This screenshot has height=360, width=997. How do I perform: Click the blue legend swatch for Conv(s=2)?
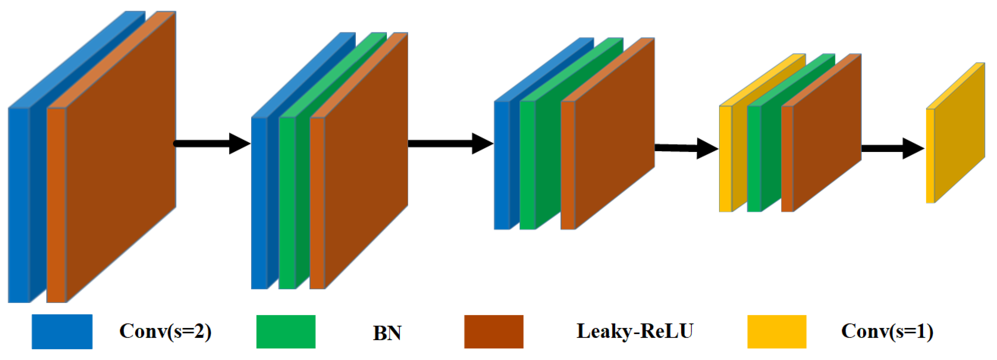click(x=62, y=331)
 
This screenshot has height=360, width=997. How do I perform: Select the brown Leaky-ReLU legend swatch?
click(x=494, y=331)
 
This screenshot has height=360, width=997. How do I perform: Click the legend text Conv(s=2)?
click(x=165, y=331)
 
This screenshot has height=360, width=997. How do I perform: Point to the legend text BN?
click(x=387, y=333)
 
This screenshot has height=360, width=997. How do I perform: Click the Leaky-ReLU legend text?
click(x=635, y=331)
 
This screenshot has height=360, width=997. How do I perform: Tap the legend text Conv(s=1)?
click(x=887, y=331)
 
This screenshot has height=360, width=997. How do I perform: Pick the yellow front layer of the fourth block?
click(x=725, y=159)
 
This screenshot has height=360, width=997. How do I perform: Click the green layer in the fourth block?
click(x=754, y=159)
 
